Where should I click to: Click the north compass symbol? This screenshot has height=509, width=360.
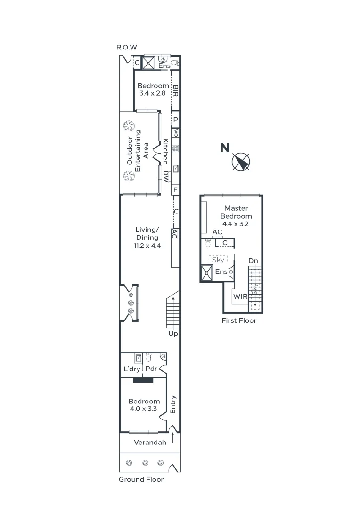click(241, 162)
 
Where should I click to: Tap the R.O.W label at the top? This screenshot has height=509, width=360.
click(126, 47)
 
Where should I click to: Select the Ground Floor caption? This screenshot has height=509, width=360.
click(141, 479)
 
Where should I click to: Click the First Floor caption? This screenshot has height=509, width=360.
click(239, 320)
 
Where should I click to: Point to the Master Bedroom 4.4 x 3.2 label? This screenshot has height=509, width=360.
click(236, 216)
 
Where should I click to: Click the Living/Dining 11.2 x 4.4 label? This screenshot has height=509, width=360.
click(147, 238)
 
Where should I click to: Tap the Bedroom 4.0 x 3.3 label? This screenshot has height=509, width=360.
click(144, 405)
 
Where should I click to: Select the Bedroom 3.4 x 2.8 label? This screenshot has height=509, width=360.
click(153, 90)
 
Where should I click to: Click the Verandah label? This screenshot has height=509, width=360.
click(150, 443)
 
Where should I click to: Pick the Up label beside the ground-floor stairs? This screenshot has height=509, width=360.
click(173, 333)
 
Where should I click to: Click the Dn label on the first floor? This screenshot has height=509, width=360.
click(253, 261)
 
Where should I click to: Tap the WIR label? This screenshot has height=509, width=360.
click(240, 296)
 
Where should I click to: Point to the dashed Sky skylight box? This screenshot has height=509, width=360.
click(218, 260)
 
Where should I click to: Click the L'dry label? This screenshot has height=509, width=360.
click(131, 369)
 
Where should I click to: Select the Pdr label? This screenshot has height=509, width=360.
click(151, 369)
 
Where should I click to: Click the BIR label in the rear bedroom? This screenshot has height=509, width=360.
click(175, 90)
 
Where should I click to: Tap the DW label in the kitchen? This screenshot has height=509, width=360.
click(166, 176)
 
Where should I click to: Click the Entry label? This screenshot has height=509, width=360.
click(173, 404)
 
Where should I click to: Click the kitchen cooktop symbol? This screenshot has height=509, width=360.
click(175, 148)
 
